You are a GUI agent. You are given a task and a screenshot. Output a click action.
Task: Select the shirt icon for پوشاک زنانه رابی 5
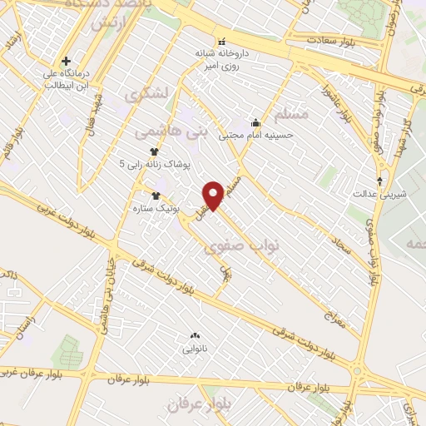tap(154, 151)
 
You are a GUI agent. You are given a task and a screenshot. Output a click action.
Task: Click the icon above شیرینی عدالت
tap(381, 180)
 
